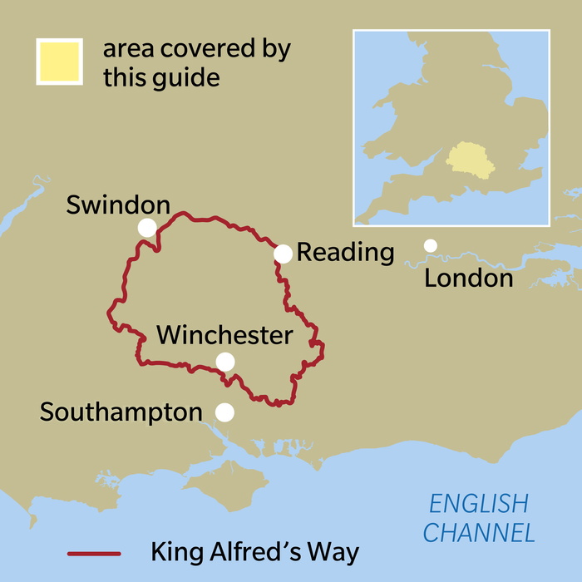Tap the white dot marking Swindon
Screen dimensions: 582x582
[x=147, y=227]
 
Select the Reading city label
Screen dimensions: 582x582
[x=345, y=253]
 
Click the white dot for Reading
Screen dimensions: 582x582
[x=284, y=254]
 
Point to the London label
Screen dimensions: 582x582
[x=468, y=278]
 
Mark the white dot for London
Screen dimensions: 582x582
[x=431, y=245]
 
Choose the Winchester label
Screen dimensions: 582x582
[x=224, y=336]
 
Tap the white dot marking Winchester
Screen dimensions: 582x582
[x=224, y=362]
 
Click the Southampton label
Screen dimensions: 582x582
[x=121, y=412]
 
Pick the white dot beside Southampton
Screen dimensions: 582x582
[x=224, y=412]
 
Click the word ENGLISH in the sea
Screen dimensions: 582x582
[x=478, y=504]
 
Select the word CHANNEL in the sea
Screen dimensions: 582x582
[x=478, y=532]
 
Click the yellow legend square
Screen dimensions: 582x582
[x=58, y=61]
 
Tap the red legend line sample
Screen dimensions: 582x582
[x=94, y=553]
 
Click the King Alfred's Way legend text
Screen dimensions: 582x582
[x=256, y=552]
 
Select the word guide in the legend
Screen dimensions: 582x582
[x=190, y=77]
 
